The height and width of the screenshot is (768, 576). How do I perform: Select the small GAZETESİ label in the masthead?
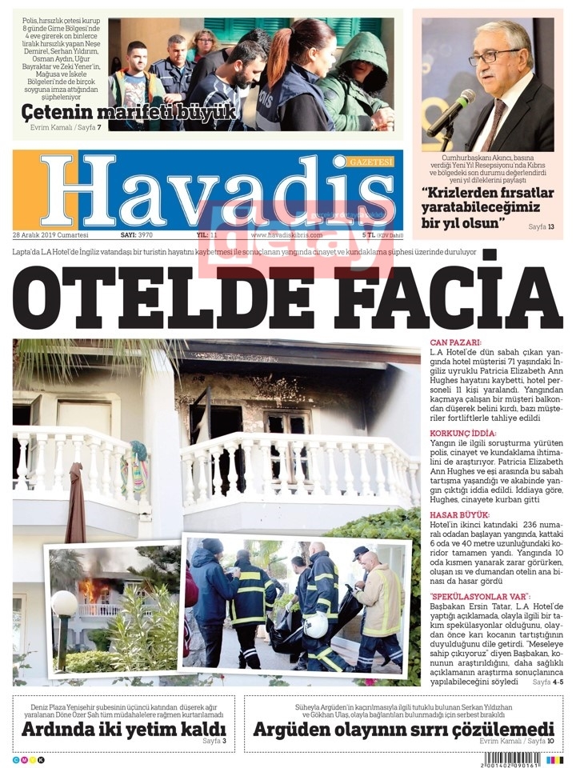372,162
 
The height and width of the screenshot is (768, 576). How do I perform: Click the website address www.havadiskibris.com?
286,236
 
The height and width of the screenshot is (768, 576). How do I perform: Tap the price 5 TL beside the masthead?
369,236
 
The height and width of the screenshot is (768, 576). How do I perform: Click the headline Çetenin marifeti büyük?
129,112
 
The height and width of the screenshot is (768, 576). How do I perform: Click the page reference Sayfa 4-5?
548,682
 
